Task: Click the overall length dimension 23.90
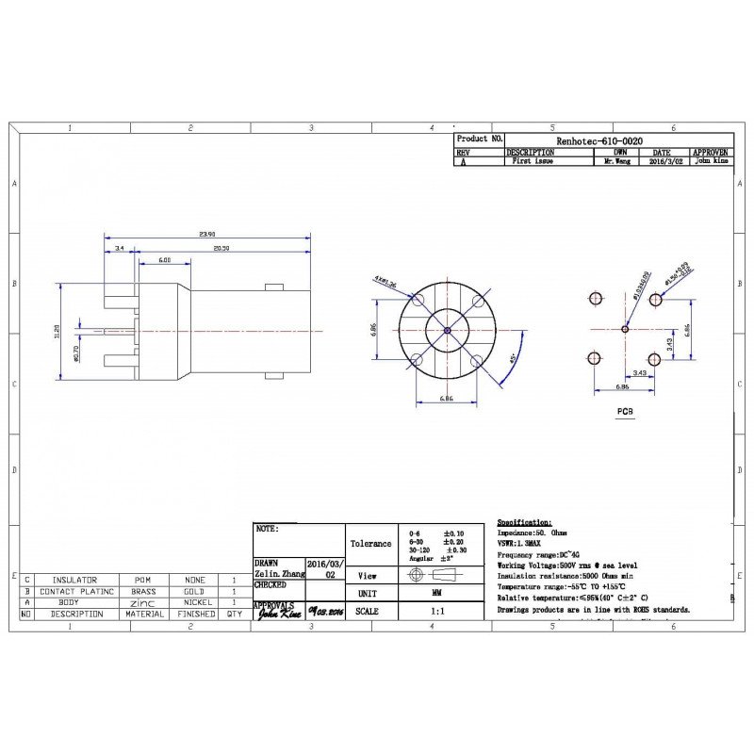(x=207, y=234)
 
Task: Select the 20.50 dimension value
(x=221, y=247)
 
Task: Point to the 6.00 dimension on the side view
(x=165, y=259)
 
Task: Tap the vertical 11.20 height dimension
(x=57, y=332)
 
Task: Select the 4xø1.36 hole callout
(x=385, y=281)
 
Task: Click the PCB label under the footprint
(x=624, y=412)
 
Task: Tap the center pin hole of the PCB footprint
(x=625, y=328)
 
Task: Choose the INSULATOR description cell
(x=74, y=580)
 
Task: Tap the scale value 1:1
(x=431, y=612)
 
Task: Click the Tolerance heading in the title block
(x=371, y=544)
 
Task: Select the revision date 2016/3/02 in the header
(x=662, y=162)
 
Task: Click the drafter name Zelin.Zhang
(x=279, y=573)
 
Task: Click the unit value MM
(x=431, y=594)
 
